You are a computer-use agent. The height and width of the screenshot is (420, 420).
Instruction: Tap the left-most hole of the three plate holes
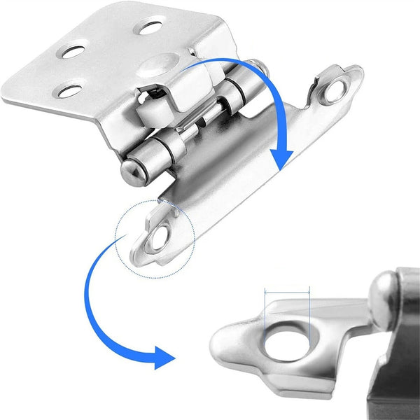(70, 51)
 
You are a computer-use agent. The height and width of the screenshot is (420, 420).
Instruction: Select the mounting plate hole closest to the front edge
(67, 91)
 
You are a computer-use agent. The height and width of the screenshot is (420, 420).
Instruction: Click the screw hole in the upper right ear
(335, 90)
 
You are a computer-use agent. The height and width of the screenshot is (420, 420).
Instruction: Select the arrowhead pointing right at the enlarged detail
(164, 357)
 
